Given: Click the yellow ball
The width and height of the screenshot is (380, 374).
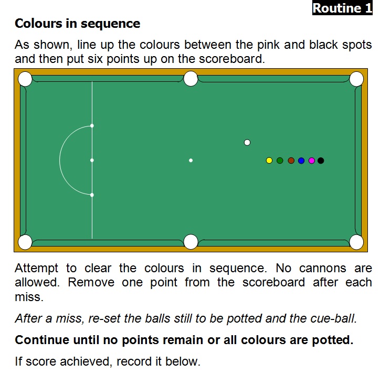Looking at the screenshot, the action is [x=269, y=161].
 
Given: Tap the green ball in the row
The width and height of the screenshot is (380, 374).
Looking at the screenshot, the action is [x=280, y=161].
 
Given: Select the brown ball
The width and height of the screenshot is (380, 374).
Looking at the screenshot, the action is [x=291, y=161].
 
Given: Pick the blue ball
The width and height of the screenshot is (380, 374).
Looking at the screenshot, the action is [x=301, y=161].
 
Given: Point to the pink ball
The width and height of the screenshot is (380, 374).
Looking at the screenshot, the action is [x=312, y=161].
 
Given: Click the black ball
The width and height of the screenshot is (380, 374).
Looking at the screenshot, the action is [x=321, y=161].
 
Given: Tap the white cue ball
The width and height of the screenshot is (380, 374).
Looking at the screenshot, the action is [x=247, y=143].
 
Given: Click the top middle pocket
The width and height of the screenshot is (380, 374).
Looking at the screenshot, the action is [x=191, y=79].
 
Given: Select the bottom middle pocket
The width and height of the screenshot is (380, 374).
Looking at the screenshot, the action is [x=191, y=242].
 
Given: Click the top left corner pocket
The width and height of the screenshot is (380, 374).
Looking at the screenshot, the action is [x=25, y=79].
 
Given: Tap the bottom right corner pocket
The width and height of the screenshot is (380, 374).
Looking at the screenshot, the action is [x=356, y=242].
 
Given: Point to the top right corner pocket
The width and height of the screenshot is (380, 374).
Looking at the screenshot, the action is [x=356, y=79].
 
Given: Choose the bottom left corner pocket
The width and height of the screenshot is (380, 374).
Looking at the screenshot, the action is [x=25, y=242].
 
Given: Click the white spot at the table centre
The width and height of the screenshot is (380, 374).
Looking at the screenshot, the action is [x=191, y=161].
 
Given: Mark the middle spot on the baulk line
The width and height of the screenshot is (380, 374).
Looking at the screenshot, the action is [x=92, y=160].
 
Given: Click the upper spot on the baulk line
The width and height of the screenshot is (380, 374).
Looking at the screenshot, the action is [x=92, y=125].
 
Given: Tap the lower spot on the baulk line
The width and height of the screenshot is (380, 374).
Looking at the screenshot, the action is [x=92, y=195].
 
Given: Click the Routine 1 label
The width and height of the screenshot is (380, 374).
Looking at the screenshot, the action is [x=342, y=8].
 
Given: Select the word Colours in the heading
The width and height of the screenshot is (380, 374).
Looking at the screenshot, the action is [x=38, y=24].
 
